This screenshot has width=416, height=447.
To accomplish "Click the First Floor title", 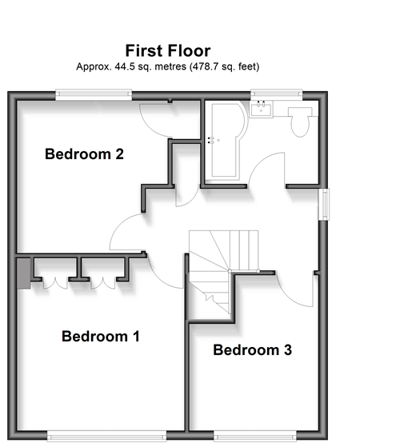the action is [x=168, y=50].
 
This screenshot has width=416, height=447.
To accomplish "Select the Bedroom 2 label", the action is [x=84, y=154].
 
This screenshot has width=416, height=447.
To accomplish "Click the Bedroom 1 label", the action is [x=101, y=336].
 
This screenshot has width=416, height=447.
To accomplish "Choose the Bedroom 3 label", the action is [x=252, y=349].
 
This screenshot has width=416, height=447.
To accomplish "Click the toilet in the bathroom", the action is [x=300, y=122].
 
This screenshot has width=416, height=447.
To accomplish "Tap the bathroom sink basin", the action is [x=261, y=109].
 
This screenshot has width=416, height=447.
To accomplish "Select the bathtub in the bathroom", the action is [x=227, y=141].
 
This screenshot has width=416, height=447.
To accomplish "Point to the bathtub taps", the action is [x=211, y=140].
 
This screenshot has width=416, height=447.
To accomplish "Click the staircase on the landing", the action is [x=223, y=271].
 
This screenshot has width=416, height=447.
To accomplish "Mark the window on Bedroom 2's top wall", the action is [x=94, y=94].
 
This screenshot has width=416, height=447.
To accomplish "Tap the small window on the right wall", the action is [x=324, y=204].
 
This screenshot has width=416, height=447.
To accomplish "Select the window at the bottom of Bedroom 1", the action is [x=106, y=437].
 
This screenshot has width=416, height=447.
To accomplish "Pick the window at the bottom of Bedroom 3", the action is [x=255, y=437].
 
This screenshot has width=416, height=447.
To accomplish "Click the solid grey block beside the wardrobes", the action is [x=24, y=273].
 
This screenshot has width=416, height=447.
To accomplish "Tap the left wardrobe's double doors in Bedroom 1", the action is [x=55, y=283].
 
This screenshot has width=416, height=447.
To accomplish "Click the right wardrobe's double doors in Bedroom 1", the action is [x=103, y=283].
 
